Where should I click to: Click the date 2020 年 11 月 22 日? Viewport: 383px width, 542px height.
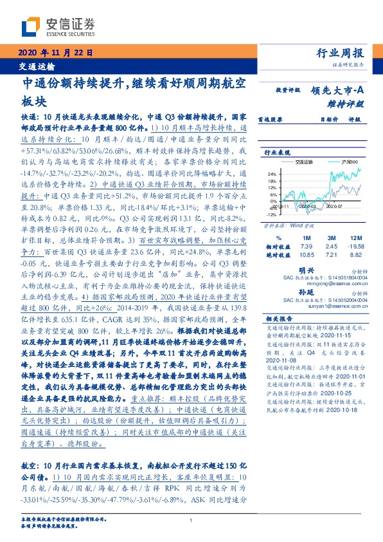tap(51, 53)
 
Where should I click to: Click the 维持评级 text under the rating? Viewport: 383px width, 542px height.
tap(350, 103)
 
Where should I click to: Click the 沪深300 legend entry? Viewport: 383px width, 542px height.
tap(344, 164)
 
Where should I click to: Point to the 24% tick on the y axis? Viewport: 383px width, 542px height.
tap(272, 174)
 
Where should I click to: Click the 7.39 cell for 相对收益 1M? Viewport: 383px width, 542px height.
tap(306, 247)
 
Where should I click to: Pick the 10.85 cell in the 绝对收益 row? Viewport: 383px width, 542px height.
tap(306, 256)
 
